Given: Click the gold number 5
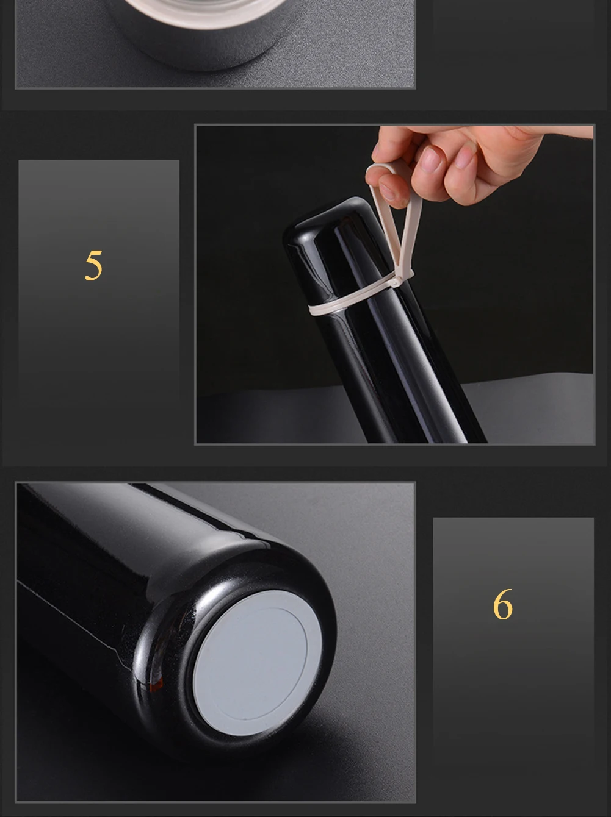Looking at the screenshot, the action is (93, 265).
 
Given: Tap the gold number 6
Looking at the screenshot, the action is (502, 604).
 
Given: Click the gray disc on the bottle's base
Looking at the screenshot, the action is (258, 663).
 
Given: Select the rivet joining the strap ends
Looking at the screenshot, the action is (394, 284).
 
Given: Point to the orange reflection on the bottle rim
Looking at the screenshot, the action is (156, 684).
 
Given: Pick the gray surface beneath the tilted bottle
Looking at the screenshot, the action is (529, 410).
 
